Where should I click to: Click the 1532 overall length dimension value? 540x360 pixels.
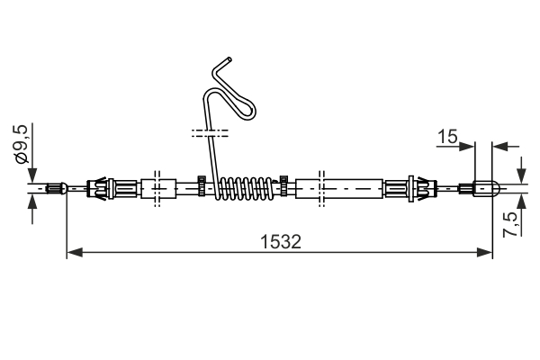click(x=279, y=241)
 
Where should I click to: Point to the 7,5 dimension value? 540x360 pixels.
click(x=510, y=222)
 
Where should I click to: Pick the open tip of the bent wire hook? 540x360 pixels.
click(x=229, y=59)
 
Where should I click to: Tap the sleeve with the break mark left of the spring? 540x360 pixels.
click(x=157, y=188)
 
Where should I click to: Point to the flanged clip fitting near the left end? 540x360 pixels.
click(x=103, y=188)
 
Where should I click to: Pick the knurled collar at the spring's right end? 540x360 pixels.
click(x=283, y=187)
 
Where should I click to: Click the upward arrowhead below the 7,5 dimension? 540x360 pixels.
click(x=520, y=199)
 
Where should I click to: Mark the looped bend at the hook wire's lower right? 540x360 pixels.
click(x=248, y=113)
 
